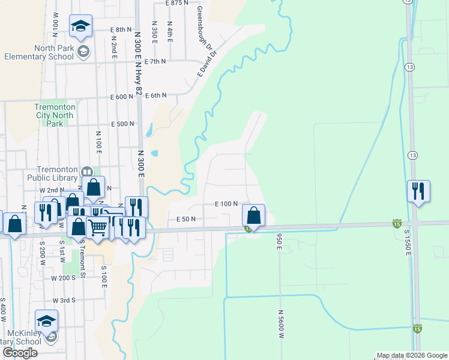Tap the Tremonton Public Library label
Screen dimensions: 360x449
tap(53, 173)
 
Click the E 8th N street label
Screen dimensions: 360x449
tap(121, 29)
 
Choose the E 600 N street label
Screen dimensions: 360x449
tap(121, 97)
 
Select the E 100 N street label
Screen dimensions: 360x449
tap(227, 204)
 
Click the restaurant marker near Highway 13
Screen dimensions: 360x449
tap(418, 191)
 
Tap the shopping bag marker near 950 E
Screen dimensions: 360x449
tap(253, 215)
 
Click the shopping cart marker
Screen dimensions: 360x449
tap(98, 227)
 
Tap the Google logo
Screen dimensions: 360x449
tap(20, 353)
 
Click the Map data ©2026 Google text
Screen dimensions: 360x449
tap(412, 355)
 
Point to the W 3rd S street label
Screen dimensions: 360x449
tap(64, 300)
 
